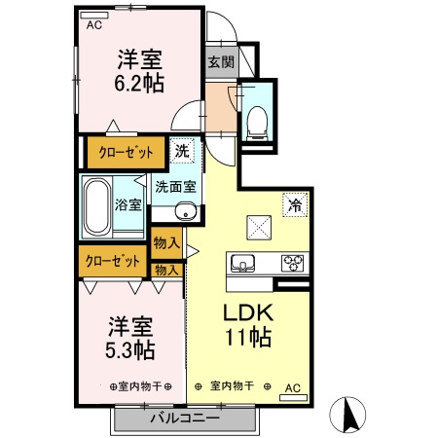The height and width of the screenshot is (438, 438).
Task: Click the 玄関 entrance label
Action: (220, 61)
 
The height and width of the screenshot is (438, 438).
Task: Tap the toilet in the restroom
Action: (258, 120)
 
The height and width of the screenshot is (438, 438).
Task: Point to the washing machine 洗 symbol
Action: (182, 151)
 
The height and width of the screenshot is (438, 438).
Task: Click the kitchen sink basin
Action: (243, 262)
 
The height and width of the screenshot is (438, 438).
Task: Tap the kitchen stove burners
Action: (292, 262)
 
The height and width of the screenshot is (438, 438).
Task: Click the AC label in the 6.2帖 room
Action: (93, 25)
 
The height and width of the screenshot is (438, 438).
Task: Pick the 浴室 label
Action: (130, 204)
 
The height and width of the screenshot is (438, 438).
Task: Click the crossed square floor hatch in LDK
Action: (258, 227)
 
